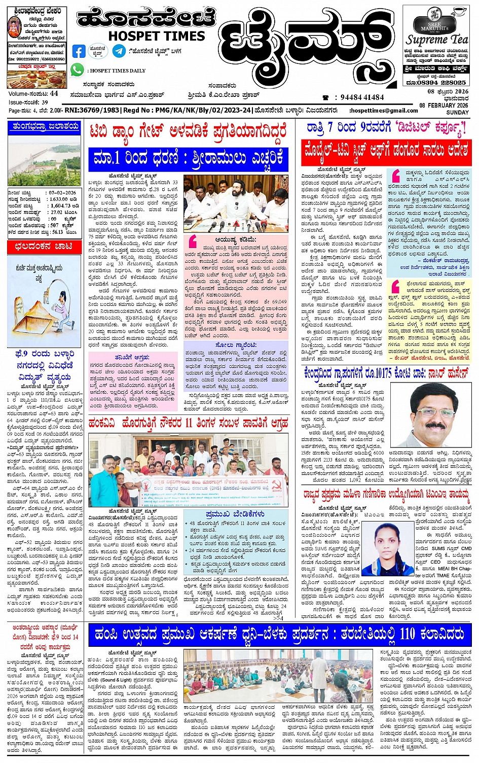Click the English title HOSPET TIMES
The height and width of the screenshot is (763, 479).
pyautogui.click(x=157, y=36)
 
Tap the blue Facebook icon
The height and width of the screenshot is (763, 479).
pyautogui.click(x=79, y=51)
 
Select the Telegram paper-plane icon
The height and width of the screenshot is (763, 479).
pyautogui.click(x=119, y=51)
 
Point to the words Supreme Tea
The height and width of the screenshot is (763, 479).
pyautogui.click(x=437, y=40)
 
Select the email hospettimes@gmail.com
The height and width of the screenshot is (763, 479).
pyautogui.click(x=384, y=111)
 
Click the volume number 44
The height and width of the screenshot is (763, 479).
pyautogui.click(x=54, y=94)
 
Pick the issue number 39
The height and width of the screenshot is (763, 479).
pyautogui.click(x=45, y=102)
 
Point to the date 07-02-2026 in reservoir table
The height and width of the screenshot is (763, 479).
pyautogui.click(x=62, y=193)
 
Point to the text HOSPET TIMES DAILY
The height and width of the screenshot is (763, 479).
pyautogui.click(x=118, y=71)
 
